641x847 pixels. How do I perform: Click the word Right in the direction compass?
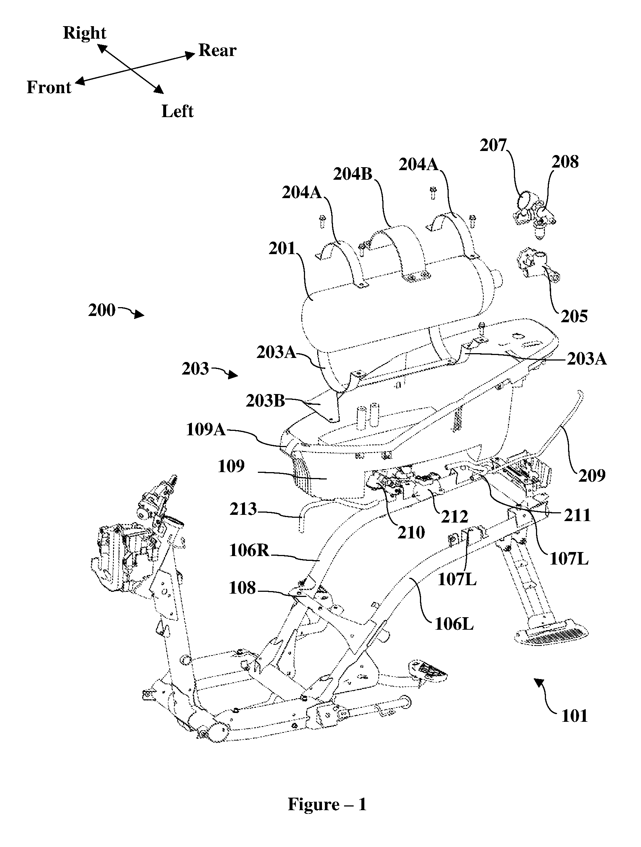pos(84,33)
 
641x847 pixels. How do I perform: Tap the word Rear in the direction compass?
pos(217,50)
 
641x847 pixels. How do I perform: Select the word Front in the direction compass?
pos(49,88)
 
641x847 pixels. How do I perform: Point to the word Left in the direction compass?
pos(178,112)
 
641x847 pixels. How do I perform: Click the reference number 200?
pos(102,310)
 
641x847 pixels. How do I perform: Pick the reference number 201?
pos(282,249)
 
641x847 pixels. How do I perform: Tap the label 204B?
pos(353,174)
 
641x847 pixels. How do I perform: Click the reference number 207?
pos(493,145)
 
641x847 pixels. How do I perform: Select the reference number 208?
pos(565,162)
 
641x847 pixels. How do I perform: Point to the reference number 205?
pos(574,317)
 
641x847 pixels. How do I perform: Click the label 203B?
pos(266,401)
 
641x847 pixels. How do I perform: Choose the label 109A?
pos(206,430)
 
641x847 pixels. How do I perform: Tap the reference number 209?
pos(592,475)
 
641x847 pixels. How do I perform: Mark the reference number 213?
pos(243,509)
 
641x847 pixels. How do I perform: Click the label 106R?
pos(249,551)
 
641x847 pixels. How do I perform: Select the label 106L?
pos(454,625)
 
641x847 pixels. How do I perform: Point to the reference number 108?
pos(242,588)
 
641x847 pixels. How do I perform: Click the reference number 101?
pos(574,716)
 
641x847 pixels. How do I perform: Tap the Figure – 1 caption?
pos(327,805)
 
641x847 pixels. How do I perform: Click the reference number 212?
pos(454,517)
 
